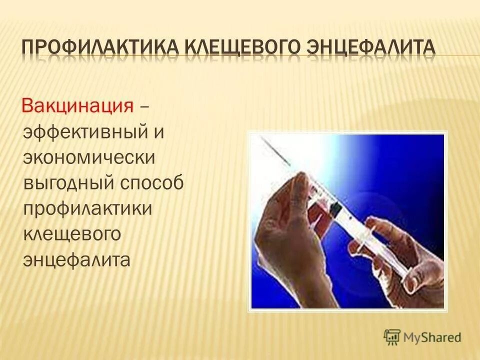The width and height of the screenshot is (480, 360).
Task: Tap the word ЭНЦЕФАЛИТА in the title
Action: pyautogui.click(x=371, y=49)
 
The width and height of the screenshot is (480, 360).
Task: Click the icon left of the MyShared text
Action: pyautogui.click(x=392, y=336)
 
